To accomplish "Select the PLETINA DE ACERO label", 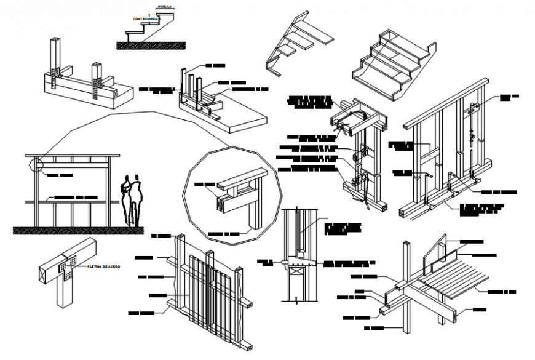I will tap(104, 266).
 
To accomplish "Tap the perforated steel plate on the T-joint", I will tap(65, 266).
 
